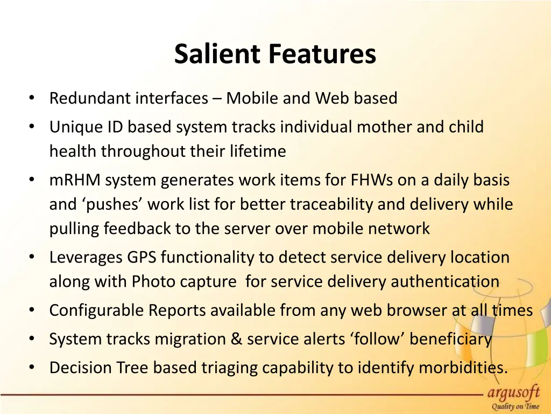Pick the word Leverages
pyautogui.click(x=86, y=257)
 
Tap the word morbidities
pyautogui.click(x=463, y=368)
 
